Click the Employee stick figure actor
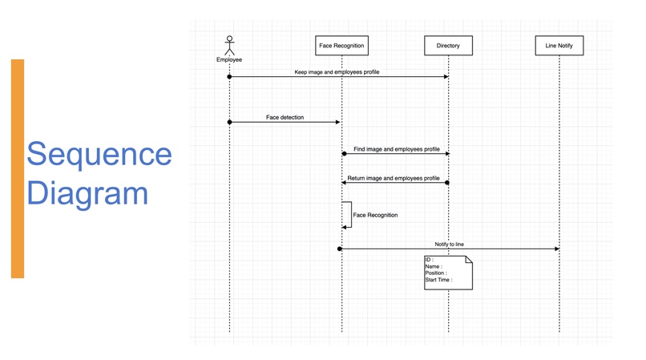pos(229,45)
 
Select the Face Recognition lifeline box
pos(341,46)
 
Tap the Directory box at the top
pos(448,46)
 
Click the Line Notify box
pos(559,46)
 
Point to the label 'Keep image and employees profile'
pos(337,72)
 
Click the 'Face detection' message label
pos(285,118)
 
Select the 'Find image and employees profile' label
pos(396,149)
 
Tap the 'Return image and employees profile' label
pos(394,178)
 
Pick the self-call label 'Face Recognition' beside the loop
pos(375,215)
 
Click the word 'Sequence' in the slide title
pos(99,155)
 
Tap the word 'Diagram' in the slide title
pos(87,193)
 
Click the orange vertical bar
pos(18,168)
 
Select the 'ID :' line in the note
pos(430,260)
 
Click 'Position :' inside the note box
pos(436,273)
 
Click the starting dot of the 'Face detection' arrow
pos(229,122)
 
